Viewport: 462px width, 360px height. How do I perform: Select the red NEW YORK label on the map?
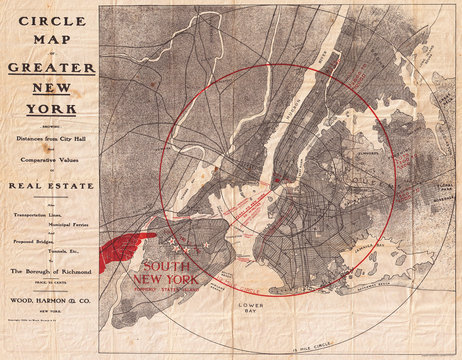click(166, 279)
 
